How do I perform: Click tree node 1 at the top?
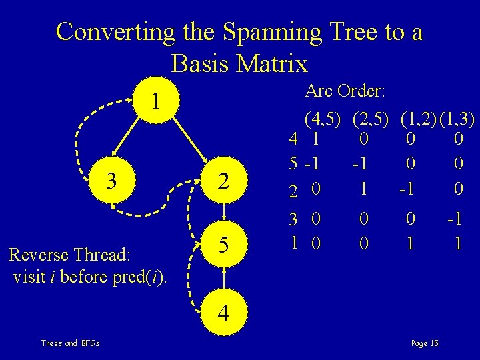155,102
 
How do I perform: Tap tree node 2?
225,182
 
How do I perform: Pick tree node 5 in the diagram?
225,246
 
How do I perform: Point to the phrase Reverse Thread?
69,255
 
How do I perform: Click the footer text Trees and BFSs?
70,343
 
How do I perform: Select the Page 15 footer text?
425,343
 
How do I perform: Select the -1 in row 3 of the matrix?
457,219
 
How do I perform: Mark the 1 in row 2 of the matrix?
363,189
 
